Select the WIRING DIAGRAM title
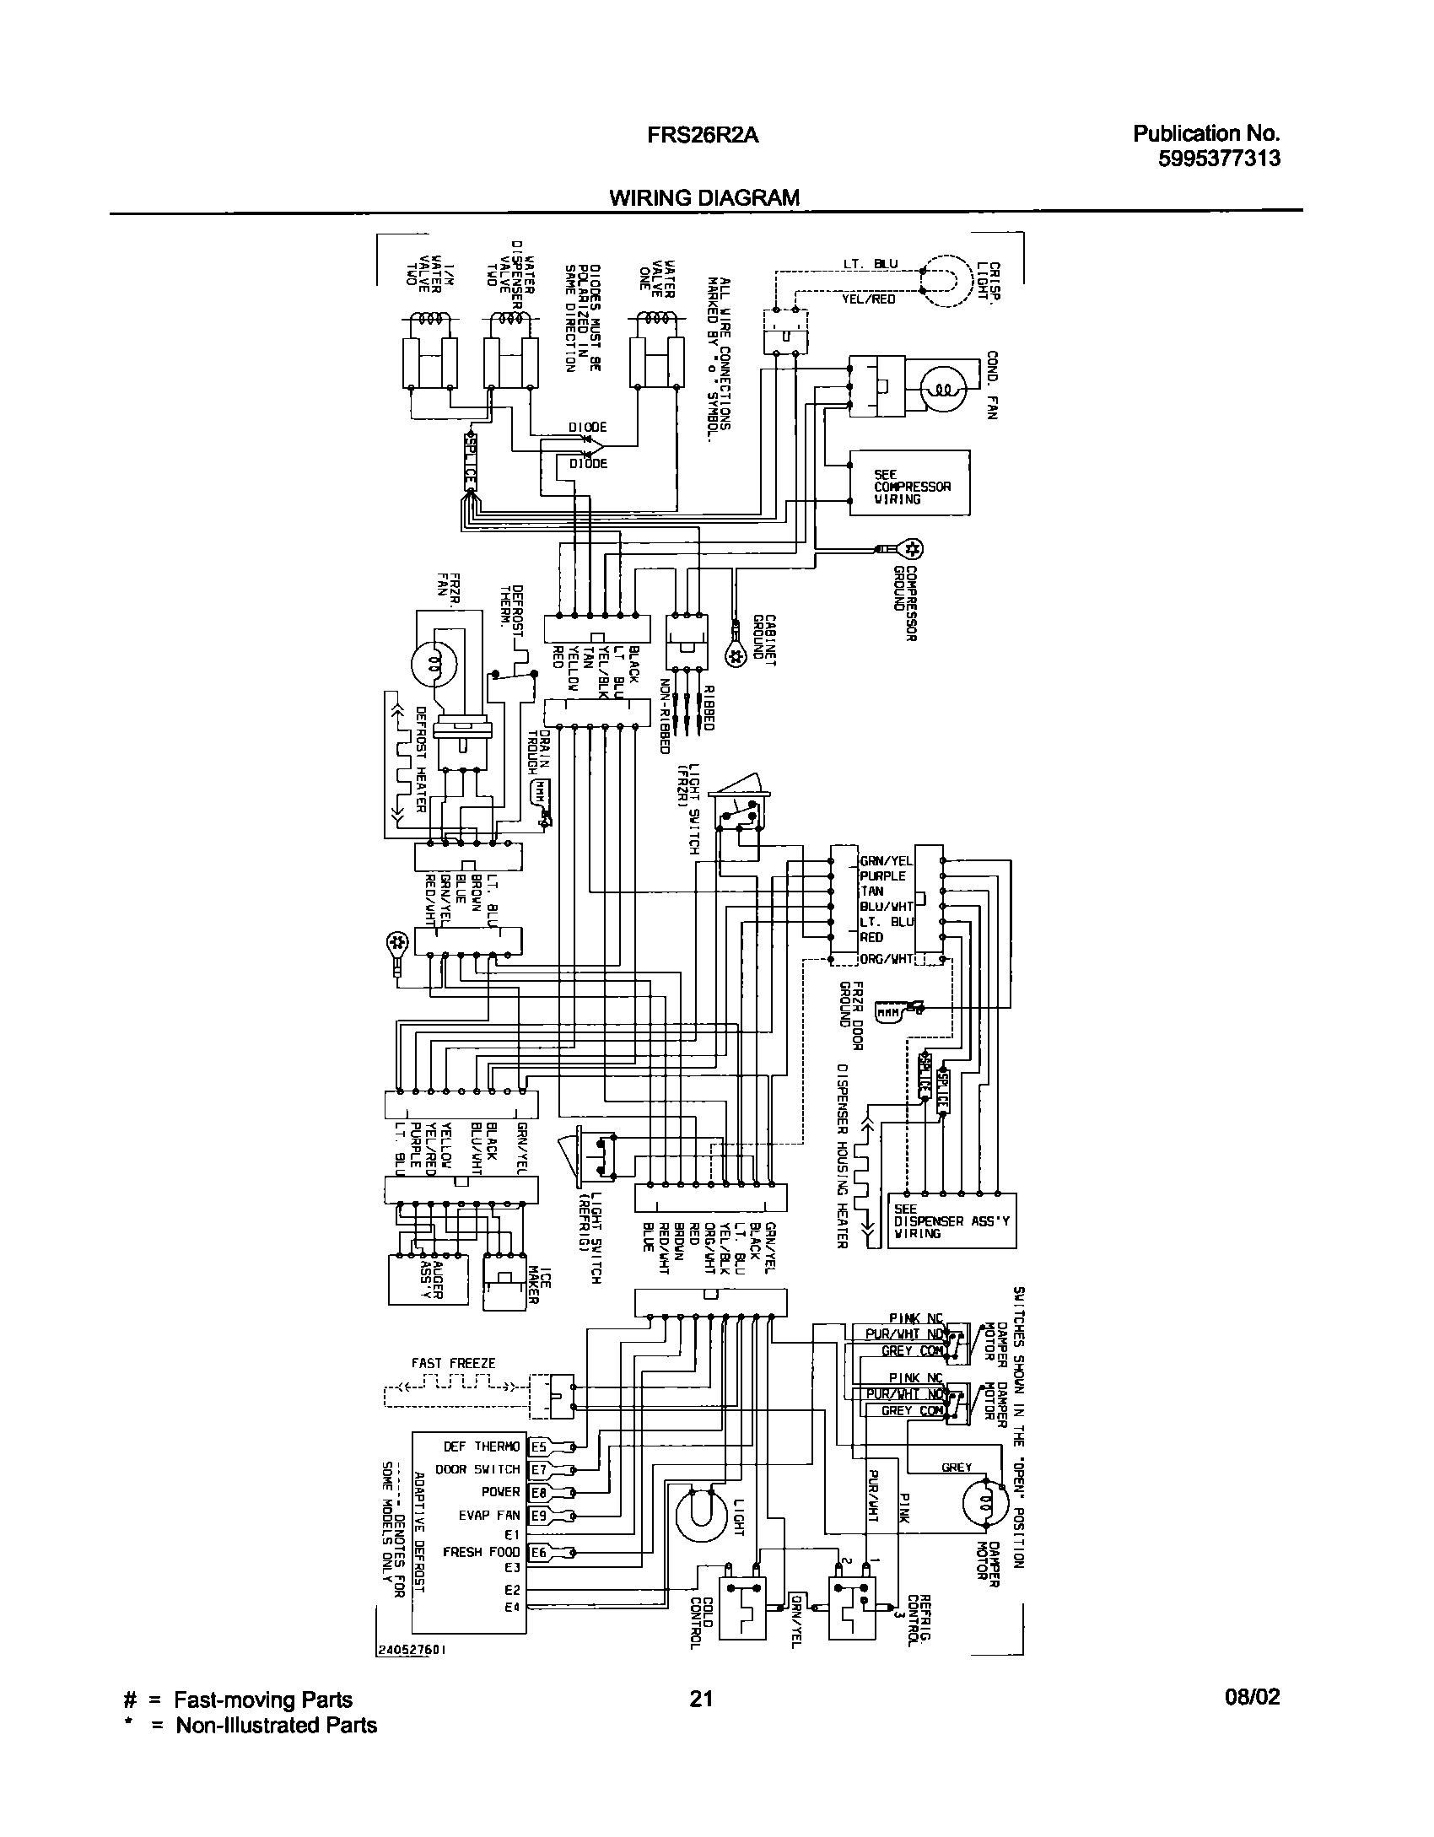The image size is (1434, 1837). (x=704, y=198)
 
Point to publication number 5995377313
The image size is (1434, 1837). (x=1219, y=159)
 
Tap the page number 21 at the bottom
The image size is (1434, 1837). (x=701, y=1698)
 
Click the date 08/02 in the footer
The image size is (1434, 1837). (x=1252, y=1697)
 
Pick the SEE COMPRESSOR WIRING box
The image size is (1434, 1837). (x=909, y=482)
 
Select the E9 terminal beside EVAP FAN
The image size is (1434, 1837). (x=538, y=1516)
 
